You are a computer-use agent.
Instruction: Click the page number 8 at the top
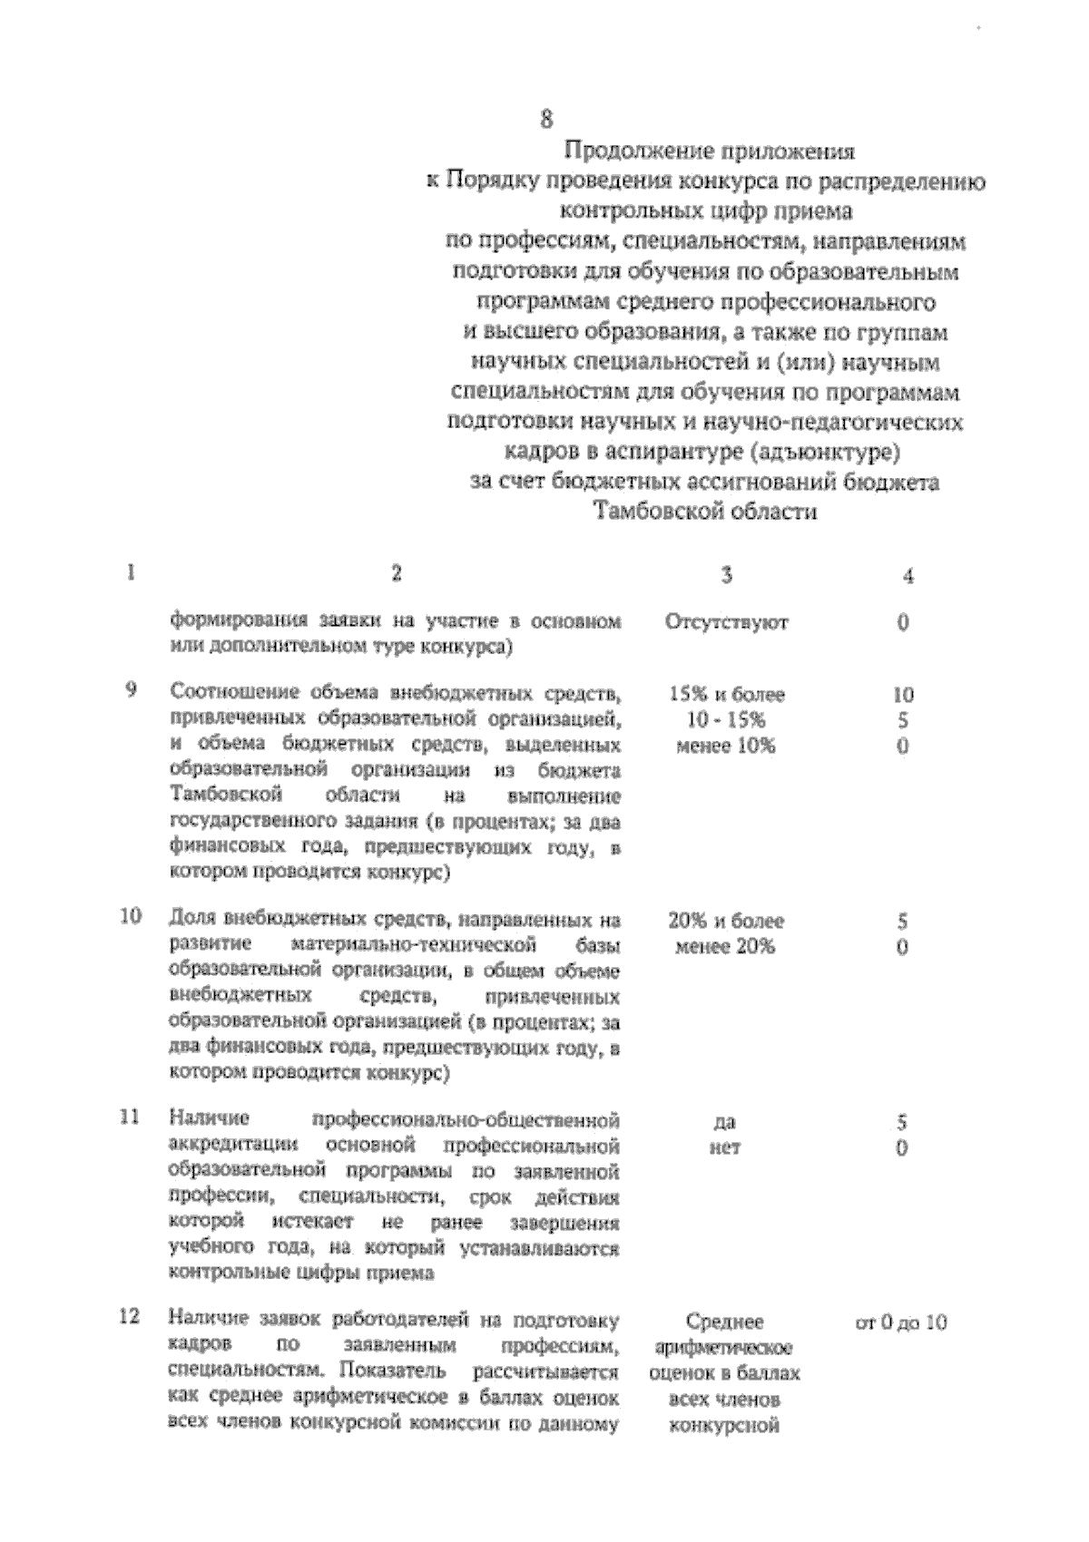546,119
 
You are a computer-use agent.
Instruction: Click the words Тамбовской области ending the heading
705,512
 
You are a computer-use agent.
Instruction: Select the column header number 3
726,575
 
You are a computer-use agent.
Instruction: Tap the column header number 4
908,577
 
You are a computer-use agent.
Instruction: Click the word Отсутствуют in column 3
726,623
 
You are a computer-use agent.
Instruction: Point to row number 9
131,690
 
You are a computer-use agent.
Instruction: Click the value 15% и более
726,695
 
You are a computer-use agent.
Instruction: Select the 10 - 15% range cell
726,720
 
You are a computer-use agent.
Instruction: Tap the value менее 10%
726,747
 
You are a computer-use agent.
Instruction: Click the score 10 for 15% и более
903,695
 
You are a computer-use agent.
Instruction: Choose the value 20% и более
726,922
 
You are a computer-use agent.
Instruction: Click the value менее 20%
726,947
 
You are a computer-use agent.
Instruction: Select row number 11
131,1117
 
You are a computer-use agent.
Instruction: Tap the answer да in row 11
724,1123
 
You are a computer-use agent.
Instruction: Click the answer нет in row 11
724,1148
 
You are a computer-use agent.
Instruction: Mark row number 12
131,1316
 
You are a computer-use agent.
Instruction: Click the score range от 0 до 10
901,1322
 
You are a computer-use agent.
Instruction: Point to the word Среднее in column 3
724,1322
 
